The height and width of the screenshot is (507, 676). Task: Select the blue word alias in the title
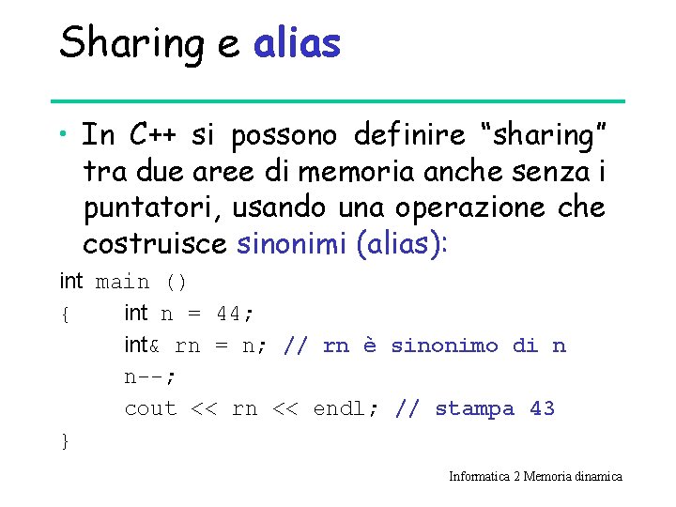point(297,42)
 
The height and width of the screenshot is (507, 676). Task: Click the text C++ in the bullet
point(149,136)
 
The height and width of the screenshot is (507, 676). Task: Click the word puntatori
point(142,208)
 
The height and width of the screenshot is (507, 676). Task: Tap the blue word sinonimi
point(293,244)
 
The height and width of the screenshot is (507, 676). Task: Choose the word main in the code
point(122,282)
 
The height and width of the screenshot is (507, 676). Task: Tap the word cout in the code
point(150,408)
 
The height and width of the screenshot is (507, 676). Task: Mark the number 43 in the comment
point(542,408)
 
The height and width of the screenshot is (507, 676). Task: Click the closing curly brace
point(64,440)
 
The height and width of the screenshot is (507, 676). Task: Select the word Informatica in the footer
point(479,476)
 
